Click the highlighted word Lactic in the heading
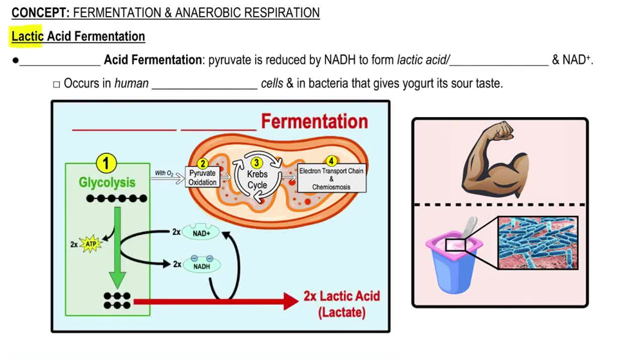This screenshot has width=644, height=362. (x=27, y=37)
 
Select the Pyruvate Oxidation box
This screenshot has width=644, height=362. (x=202, y=178)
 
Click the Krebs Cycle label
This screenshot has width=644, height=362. (x=257, y=179)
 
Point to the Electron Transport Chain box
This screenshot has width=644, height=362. (x=331, y=178)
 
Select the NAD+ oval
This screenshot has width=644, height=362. (x=202, y=233)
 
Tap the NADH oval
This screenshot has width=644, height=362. (x=202, y=265)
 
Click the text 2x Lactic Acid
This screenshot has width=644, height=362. (x=341, y=297)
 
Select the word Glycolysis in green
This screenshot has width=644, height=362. (x=107, y=182)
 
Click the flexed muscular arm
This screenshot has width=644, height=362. (x=495, y=161)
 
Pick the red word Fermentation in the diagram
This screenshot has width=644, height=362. (x=314, y=121)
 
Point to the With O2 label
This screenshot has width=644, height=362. (x=164, y=173)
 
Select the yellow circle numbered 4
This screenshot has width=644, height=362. (x=332, y=161)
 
